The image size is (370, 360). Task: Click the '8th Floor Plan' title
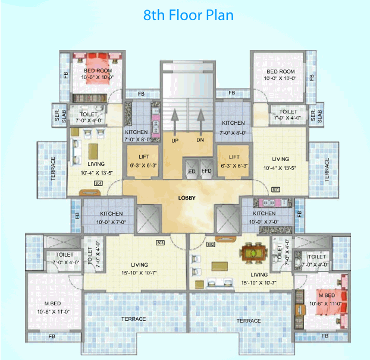pos(187,15)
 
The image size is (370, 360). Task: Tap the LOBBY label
pos(187,198)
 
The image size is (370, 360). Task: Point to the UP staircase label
pos(175,141)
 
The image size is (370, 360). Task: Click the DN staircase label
pos(200,141)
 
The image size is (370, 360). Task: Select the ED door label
pos(192,170)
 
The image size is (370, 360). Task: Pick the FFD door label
pos(206,170)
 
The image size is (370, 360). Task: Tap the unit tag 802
pos(211,244)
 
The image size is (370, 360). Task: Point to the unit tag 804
pos(98,183)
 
